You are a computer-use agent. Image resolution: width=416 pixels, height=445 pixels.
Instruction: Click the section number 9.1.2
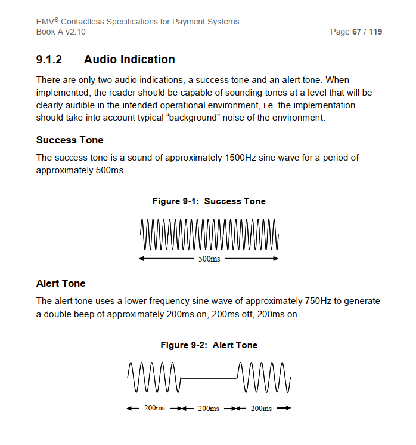pyautogui.click(x=49, y=60)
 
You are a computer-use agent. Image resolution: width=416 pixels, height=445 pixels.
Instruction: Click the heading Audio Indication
pyautogui.click(x=129, y=60)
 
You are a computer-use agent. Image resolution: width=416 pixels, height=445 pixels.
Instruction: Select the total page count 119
pyautogui.click(x=375, y=32)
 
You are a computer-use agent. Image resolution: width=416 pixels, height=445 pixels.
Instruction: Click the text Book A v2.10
pyautogui.click(x=61, y=32)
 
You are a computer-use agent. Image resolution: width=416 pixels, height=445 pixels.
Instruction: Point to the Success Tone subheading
pyautogui.click(x=70, y=140)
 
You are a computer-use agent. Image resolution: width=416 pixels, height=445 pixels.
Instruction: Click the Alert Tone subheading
pyautogui.click(x=61, y=283)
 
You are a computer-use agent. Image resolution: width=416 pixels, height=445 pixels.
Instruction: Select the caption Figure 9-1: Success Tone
pyautogui.click(x=209, y=201)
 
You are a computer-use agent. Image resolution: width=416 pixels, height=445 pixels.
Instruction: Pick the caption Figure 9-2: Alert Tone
pyautogui.click(x=209, y=345)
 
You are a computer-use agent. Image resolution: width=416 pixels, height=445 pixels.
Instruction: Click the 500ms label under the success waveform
pyautogui.click(x=209, y=259)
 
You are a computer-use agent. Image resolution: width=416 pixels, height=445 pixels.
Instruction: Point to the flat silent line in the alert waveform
pyautogui.click(x=209, y=378)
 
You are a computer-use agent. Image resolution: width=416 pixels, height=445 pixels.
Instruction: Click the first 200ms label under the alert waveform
pyautogui.click(x=155, y=409)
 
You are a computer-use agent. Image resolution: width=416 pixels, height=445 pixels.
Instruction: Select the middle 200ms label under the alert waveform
pyautogui.click(x=209, y=409)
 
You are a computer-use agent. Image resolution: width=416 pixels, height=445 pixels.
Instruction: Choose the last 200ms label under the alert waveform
pyautogui.click(x=261, y=409)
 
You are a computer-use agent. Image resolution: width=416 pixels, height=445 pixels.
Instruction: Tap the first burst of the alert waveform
pyautogui.click(x=153, y=378)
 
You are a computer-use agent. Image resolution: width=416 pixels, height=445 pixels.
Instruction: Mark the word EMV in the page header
pyautogui.click(x=45, y=22)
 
